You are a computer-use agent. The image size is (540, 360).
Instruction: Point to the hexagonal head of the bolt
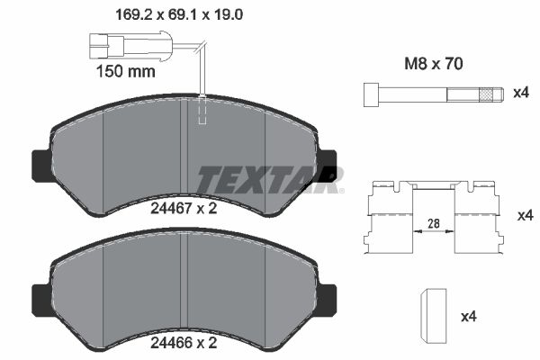[x=370, y=94]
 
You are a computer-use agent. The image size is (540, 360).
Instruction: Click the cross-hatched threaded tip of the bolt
[x=490, y=94]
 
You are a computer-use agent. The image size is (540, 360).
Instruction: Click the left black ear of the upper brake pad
[x=41, y=164]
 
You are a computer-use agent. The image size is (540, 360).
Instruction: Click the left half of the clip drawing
[x=388, y=220]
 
